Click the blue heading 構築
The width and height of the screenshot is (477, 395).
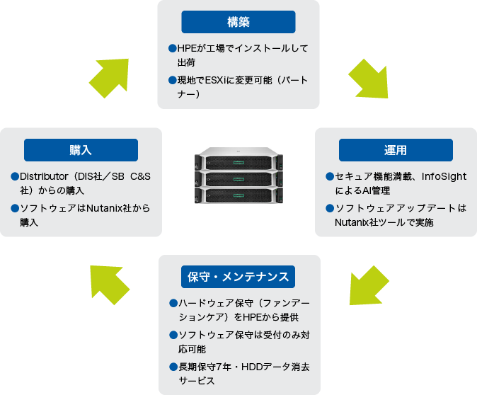(238, 22)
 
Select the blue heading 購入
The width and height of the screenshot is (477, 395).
(81, 150)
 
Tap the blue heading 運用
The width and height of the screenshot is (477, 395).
(396, 150)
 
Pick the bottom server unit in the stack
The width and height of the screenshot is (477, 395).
(238, 195)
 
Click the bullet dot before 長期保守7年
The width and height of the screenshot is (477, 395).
(173, 367)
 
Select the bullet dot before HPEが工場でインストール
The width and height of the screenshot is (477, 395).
(172, 48)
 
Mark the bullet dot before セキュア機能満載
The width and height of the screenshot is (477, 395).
(330, 176)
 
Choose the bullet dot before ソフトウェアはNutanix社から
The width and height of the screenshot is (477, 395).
(15, 208)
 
